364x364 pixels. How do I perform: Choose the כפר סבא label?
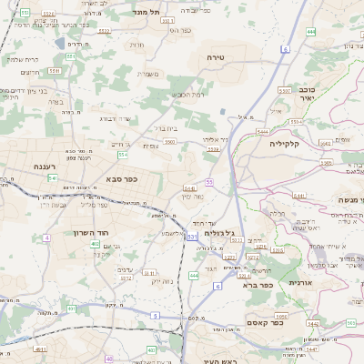[x=121, y=179]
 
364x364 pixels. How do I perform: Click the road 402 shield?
[x=96, y=245]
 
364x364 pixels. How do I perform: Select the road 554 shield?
[x=122, y=155]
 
